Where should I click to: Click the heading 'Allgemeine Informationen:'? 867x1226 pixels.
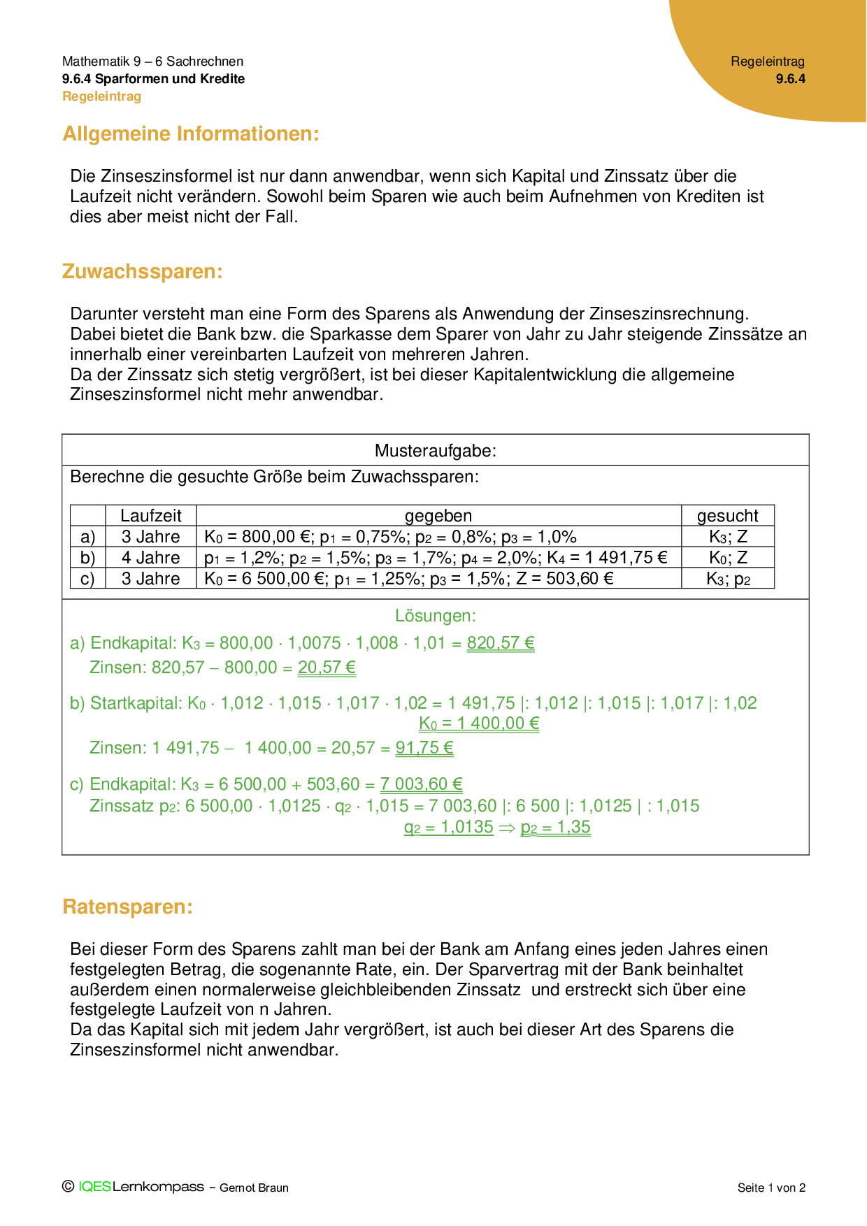pyautogui.click(x=191, y=134)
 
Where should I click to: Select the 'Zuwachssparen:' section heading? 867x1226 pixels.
pyautogui.click(x=143, y=271)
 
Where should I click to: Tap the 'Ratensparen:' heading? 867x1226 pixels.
pyautogui.click(x=127, y=907)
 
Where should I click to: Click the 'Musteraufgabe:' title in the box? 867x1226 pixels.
pyautogui.click(x=435, y=451)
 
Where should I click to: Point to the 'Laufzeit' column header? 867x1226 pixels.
pyautogui.click(x=150, y=516)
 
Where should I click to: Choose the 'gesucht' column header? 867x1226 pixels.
pyautogui.click(x=727, y=516)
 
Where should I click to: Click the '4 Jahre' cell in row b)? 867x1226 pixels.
pyautogui.click(x=150, y=558)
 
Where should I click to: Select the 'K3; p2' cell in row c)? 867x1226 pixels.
pyautogui.click(x=727, y=579)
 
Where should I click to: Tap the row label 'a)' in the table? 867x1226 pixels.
pyautogui.click(x=87, y=537)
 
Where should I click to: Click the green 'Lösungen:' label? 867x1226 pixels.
pyautogui.click(x=435, y=616)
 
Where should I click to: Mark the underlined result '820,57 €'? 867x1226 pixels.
pyautogui.click(x=501, y=643)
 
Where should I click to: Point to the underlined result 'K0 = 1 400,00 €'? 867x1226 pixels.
pyautogui.click(x=479, y=723)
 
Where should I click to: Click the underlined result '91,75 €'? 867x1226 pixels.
pyautogui.click(x=424, y=748)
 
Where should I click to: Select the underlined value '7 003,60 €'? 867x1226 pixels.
pyautogui.click(x=421, y=784)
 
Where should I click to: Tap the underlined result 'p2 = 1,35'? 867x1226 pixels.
pyautogui.click(x=555, y=828)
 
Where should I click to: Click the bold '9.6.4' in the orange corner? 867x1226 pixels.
pyautogui.click(x=790, y=79)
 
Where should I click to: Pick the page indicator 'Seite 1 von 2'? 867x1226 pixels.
pyautogui.click(x=771, y=1188)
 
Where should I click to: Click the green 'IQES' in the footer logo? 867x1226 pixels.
pyautogui.click(x=94, y=1187)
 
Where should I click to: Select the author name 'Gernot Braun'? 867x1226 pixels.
pyautogui.click(x=254, y=1188)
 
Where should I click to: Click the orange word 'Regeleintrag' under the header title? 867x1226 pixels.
pyautogui.click(x=101, y=96)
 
